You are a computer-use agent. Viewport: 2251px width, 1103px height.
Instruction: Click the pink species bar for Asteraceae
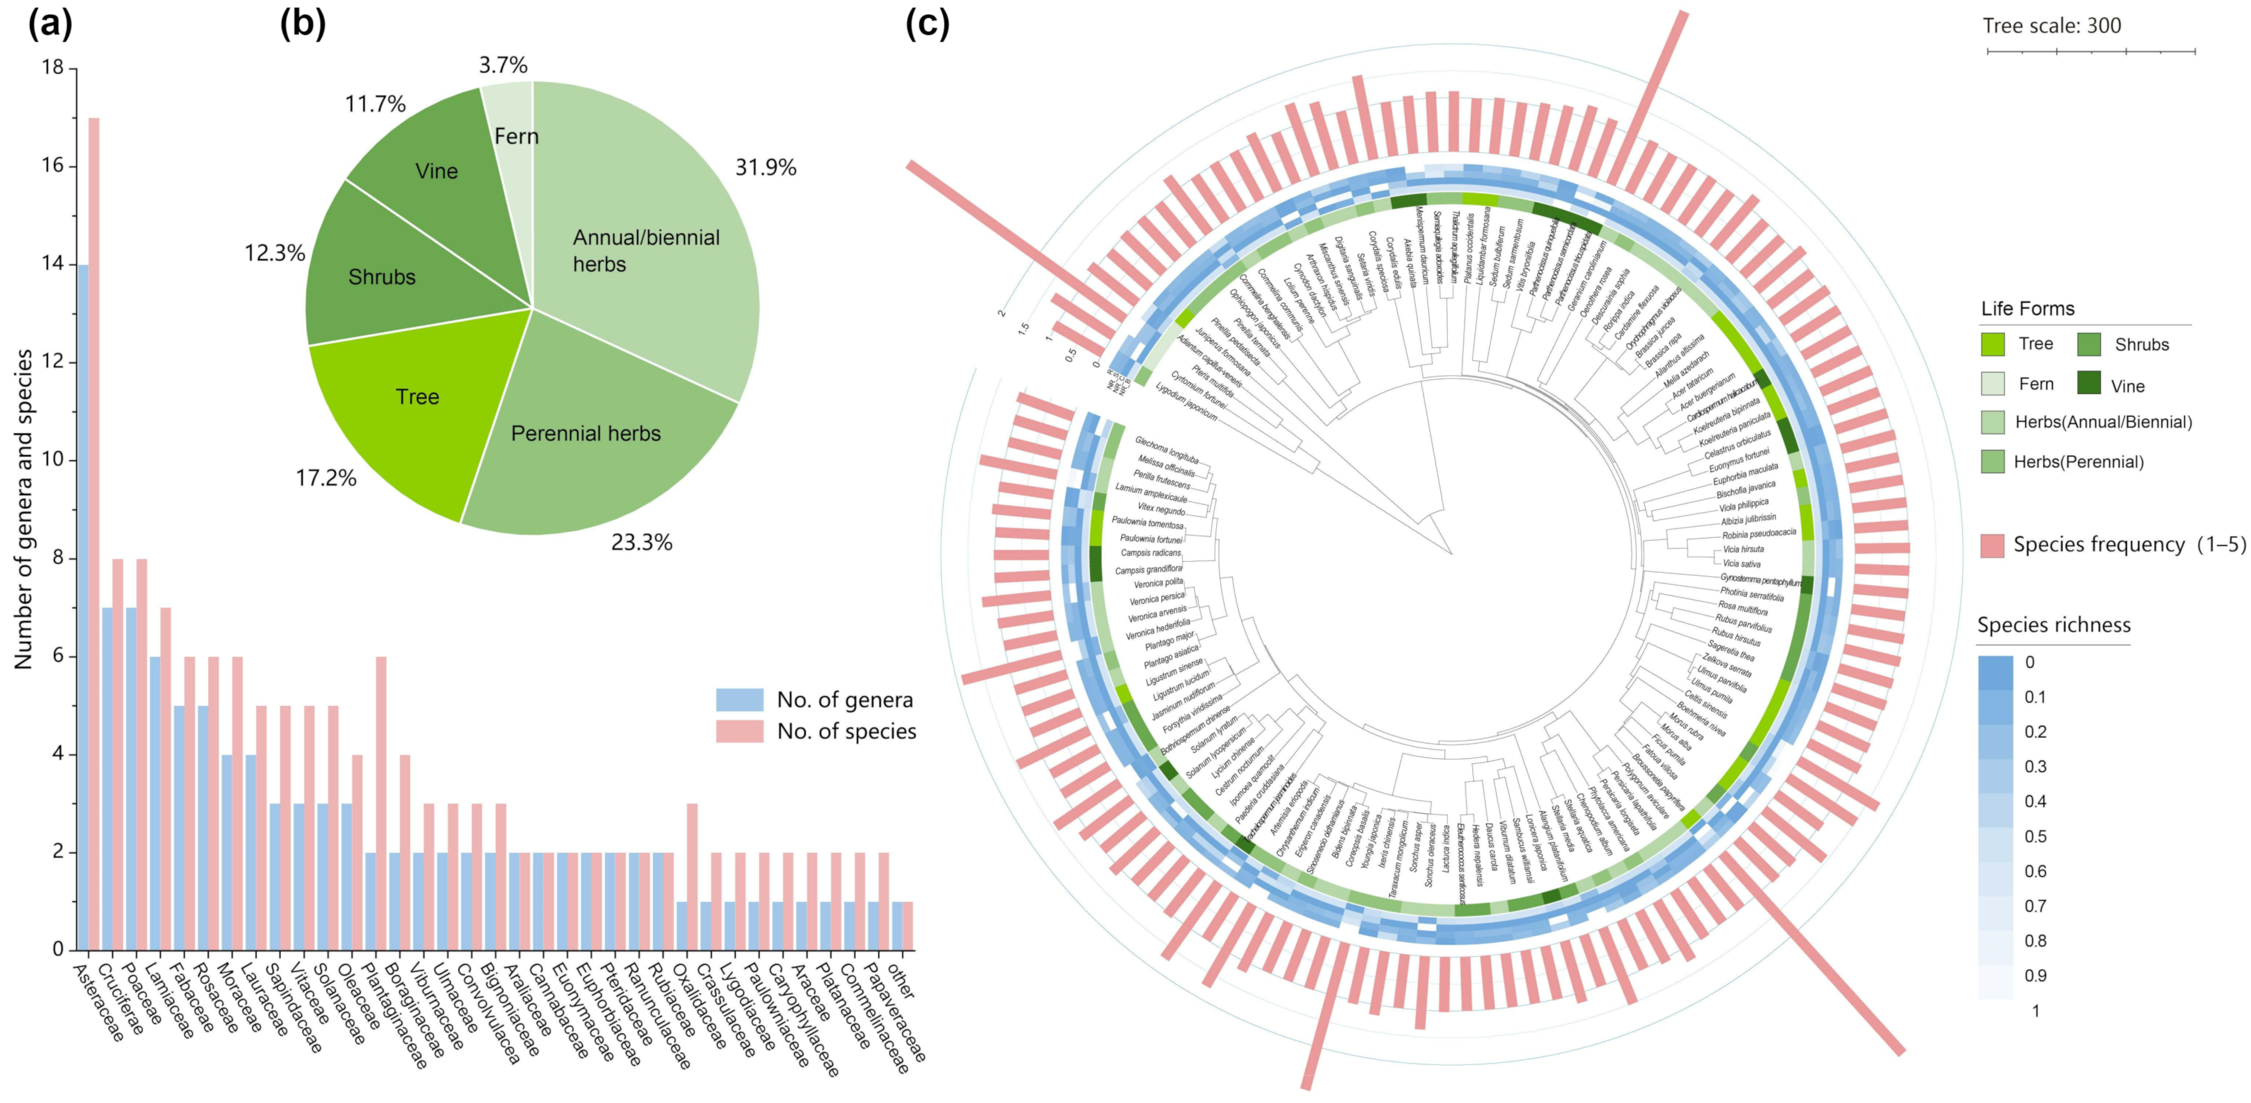click(x=94, y=533)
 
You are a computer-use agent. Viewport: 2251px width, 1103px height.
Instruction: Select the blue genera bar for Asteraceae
click(x=82, y=607)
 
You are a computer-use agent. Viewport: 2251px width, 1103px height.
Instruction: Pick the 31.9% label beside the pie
click(x=765, y=168)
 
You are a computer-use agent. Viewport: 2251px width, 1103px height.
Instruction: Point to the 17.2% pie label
click(x=326, y=478)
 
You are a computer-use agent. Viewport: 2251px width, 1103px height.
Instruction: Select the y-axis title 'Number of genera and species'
click(x=24, y=509)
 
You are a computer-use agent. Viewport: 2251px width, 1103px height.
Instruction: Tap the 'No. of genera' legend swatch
click(x=739, y=699)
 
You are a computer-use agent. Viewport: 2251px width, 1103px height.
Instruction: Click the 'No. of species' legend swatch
click(x=739, y=730)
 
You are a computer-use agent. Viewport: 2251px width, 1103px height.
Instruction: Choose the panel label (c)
click(x=926, y=24)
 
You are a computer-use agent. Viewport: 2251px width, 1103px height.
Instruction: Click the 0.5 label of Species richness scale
click(x=2035, y=836)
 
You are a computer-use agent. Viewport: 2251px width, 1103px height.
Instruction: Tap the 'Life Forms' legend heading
click(x=2027, y=309)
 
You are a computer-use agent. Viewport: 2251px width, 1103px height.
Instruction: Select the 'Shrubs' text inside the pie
click(x=382, y=277)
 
